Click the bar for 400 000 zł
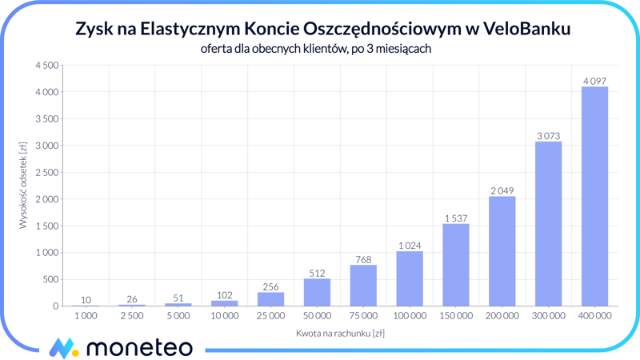(x=594, y=196)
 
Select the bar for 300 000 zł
(x=548, y=224)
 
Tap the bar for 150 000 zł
(x=455, y=265)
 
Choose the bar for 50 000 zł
(x=317, y=292)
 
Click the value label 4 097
(x=594, y=81)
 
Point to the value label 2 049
(x=502, y=191)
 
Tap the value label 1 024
(x=410, y=246)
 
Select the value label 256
(x=270, y=287)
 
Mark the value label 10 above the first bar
(x=86, y=300)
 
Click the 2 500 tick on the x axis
(x=132, y=316)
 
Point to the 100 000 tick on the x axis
(x=410, y=316)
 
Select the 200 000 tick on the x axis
(x=502, y=316)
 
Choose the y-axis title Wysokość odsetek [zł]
(x=23, y=186)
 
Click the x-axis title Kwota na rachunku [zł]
(x=340, y=333)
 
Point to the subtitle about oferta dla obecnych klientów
(x=317, y=50)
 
